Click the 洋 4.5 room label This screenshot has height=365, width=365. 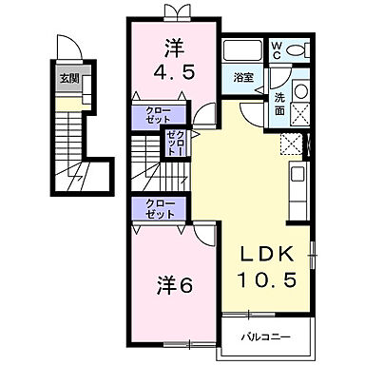click(173, 59)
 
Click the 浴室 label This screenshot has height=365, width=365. click(243, 78)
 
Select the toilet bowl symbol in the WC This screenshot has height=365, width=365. click(298, 51)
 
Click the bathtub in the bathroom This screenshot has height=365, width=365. click(243, 51)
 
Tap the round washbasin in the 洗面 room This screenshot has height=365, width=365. click(301, 91)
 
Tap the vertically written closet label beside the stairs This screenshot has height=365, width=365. click(174, 144)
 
